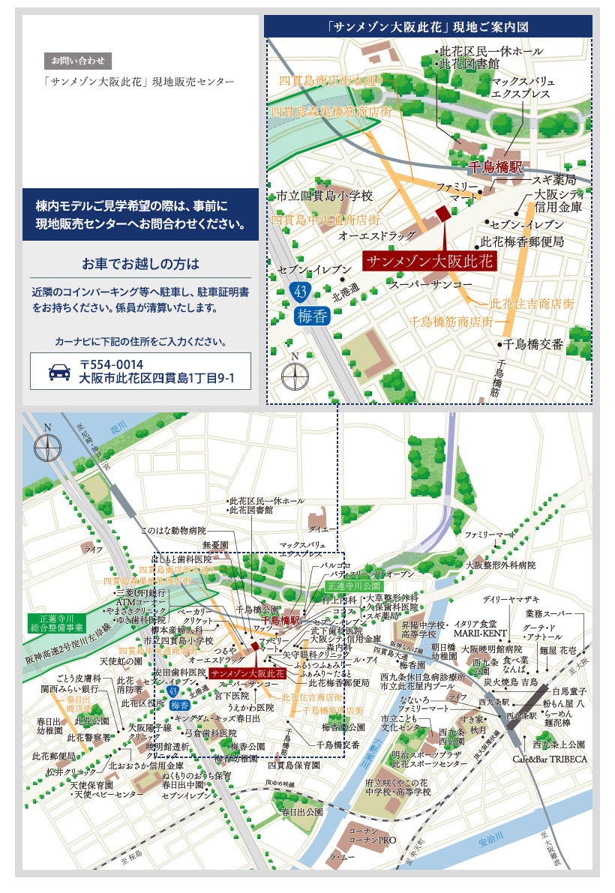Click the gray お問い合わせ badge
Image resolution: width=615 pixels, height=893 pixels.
[x=78, y=60]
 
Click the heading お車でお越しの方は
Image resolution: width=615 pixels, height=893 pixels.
[x=141, y=264]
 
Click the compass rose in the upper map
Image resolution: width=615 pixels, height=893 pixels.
[x=295, y=374]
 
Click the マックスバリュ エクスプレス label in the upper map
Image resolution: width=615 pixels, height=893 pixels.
[x=523, y=87]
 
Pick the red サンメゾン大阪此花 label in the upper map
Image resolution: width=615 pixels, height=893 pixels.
[x=430, y=261]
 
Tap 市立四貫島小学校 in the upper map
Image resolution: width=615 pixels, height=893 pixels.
[x=325, y=196]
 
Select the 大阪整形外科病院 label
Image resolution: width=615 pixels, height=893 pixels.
[x=500, y=565]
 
